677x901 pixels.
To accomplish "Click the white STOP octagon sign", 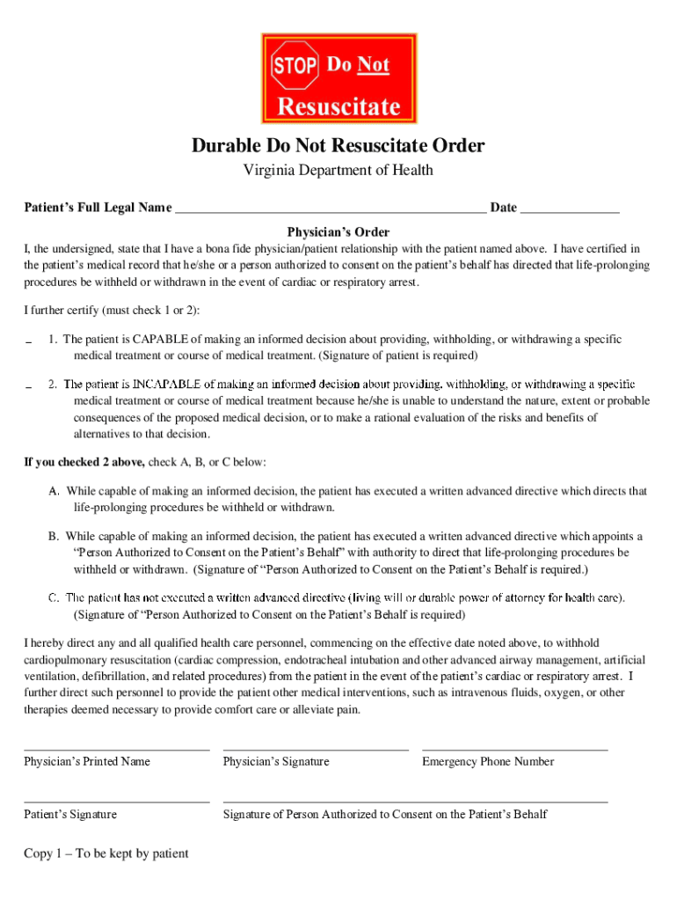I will click(295, 65).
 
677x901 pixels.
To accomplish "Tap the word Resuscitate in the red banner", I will click(338, 107).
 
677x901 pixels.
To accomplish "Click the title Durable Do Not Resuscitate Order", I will click(338, 145).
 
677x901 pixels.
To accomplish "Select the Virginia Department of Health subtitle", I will click(338, 171).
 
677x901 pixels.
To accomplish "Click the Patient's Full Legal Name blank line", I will click(331, 212).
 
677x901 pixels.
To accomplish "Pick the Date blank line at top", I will click(570, 212).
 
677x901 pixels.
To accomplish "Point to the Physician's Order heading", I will click(338, 232).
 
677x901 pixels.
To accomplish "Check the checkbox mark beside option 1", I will click(29, 342).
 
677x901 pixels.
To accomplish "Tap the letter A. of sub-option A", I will click(55, 491).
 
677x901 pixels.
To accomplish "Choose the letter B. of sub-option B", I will click(55, 536).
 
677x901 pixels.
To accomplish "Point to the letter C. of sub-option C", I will click(55, 598).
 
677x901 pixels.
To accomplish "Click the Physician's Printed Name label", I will click(87, 761).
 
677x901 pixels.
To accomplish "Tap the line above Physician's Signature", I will click(316, 750).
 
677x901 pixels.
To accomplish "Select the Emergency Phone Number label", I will click(488, 761).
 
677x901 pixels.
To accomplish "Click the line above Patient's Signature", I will click(117, 802).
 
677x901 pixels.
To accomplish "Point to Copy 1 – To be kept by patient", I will click(106, 853).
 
